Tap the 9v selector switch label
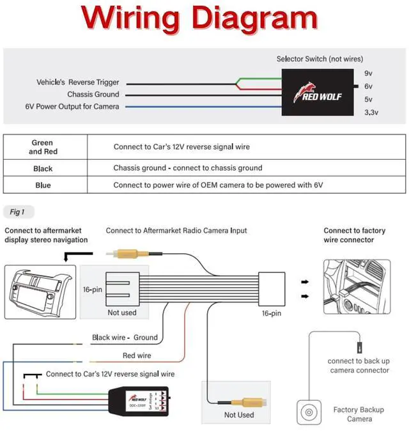368,74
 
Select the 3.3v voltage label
371,113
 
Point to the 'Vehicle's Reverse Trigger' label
77,82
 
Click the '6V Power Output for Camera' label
72,106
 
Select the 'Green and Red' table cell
43,147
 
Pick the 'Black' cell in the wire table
43,169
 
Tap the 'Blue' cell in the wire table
43,185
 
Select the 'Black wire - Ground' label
125,338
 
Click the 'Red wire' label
137,355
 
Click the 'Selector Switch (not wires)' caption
320,59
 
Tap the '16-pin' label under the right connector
272,313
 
